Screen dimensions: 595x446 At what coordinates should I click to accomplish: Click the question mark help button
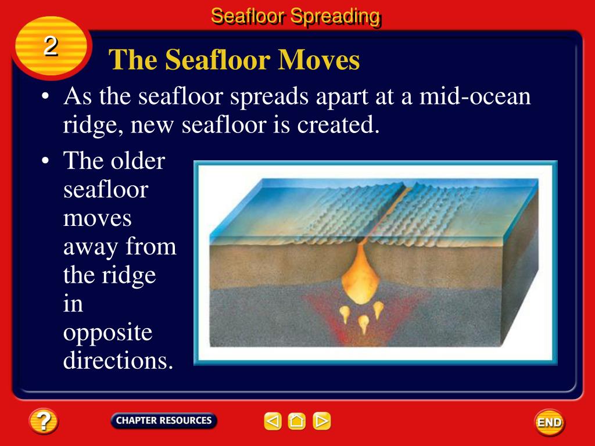point(44,421)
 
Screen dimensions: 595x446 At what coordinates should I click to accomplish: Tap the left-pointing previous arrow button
point(273,421)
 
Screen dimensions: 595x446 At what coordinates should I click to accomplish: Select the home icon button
point(297,421)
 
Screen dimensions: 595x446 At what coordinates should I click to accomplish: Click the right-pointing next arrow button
point(322,421)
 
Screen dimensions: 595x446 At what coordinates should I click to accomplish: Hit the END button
point(550,422)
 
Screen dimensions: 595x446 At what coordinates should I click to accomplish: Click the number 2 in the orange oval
point(51,46)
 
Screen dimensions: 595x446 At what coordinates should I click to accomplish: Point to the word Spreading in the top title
point(335,17)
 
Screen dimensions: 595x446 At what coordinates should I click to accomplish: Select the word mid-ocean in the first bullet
point(475,96)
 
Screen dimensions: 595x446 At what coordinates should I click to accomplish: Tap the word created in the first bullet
point(338,125)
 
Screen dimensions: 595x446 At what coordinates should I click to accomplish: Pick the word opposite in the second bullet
point(107,333)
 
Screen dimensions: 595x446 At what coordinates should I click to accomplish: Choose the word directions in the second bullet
point(118,360)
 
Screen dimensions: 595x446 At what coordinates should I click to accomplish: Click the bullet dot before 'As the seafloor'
point(45,97)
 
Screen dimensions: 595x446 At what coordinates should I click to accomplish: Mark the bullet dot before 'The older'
point(45,161)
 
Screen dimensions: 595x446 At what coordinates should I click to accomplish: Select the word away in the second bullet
point(91,247)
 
